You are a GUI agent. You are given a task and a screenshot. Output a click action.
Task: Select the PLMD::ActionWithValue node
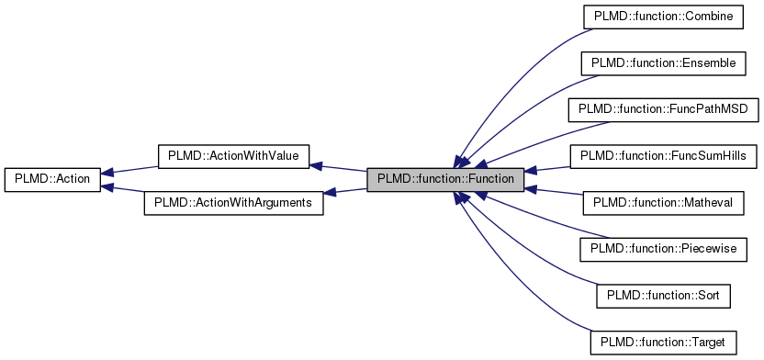point(233,155)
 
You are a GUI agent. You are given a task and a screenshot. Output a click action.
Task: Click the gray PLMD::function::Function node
point(446,179)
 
